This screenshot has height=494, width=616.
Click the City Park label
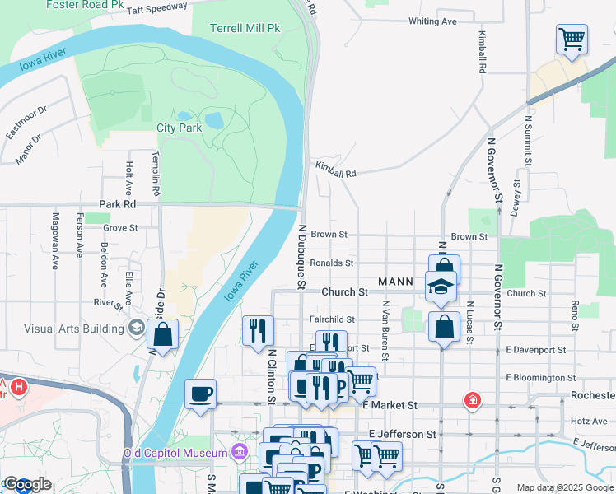pyautogui.click(x=179, y=128)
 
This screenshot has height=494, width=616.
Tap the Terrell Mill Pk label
pyautogui.click(x=245, y=28)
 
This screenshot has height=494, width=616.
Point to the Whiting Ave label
pyautogui.click(x=432, y=21)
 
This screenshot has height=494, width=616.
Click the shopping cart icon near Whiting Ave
pyautogui.click(x=572, y=39)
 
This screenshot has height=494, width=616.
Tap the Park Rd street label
pyautogui.click(x=116, y=203)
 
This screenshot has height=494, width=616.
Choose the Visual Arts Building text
pyautogui.click(x=74, y=329)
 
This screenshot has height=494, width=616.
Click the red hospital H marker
pyautogui.click(x=18, y=385)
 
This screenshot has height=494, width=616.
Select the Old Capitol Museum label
pyautogui.click(x=175, y=453)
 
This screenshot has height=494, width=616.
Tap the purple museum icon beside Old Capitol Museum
pyautogui.click(x=239, y=452)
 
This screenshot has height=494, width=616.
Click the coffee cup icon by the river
pyautogui.click(x=200, y=393)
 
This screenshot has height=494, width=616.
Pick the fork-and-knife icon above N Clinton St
pyautogui.click(x=258, y=329)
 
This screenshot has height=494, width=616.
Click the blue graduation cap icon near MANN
pyautogui.click(x=441, y=287)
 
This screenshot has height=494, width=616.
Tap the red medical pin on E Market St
pyautogui.click(x=472, y=400)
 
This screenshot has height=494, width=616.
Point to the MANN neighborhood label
pyautogui.click(x=394, y=282)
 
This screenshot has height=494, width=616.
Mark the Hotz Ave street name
pyautogui.click(x=588, y=421)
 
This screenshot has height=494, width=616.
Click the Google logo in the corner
pyautogui.click(x=26, y=484)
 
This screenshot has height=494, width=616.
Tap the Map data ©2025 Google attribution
pyautogui.click(x=564, y=487)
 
